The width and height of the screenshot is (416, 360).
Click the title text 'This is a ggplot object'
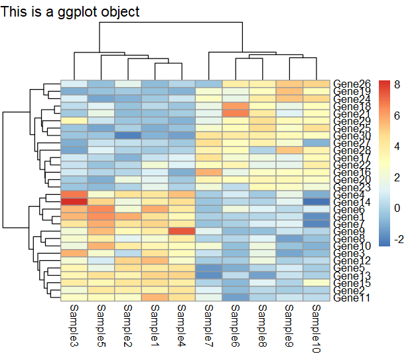click(70, 11)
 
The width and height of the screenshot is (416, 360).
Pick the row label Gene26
click(352, 84)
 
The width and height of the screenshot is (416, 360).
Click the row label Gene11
click(352, 298)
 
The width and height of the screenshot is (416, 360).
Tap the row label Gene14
click(352, 202)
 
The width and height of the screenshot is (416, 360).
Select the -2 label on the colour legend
click(399, 240)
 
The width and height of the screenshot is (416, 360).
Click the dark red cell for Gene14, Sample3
click(74, 201)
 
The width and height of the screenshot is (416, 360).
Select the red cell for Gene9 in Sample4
click(182, 230)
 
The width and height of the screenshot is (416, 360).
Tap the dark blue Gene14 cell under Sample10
click(316, 201)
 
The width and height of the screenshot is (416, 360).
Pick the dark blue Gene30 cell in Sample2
click(128, 135)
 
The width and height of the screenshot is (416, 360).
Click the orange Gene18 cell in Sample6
click(236, 106)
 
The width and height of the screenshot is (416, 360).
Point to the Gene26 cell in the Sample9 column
click(289, 84)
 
